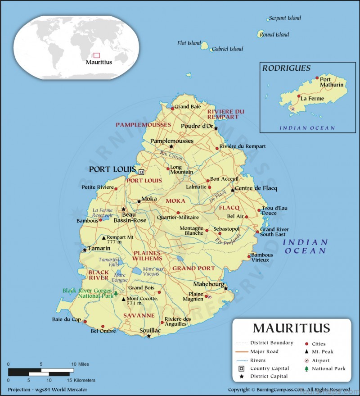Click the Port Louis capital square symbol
pyautogui.click(x=141, y=172)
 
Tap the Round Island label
pyautogui.click(x=274, y=34)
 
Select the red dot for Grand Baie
pyautogui.click(x=172, y=108)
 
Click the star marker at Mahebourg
pyautogui.click(x=226, y=288)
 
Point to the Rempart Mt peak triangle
pyautogui.click(x=104, y=238)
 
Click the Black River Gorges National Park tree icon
pyautogui.click(x=116, y=294)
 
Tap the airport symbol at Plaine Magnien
pyautogui.click(x=209, y=296)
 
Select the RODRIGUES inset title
pyautogui.click(x=287, y=68)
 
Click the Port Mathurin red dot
pyautogui.click(x=317, y=78)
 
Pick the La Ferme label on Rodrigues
pyautogui.click(x=312, y=98)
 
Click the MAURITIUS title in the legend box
pyautogui.click(x=291, y=328)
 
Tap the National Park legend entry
pyautogui.click(x=328, y=369)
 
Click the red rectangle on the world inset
pyautogui.click(x=96, y=55)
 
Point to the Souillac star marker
pyautogui.click(x=148, y=336)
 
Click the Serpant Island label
pyautogui.click(x=285, y=18)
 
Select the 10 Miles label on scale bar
pyautogui.click(x=80, y=364)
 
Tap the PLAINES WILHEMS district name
pyautogui.click(x=148, y=255)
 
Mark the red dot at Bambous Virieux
pyautogui.click(x=249, y=257)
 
